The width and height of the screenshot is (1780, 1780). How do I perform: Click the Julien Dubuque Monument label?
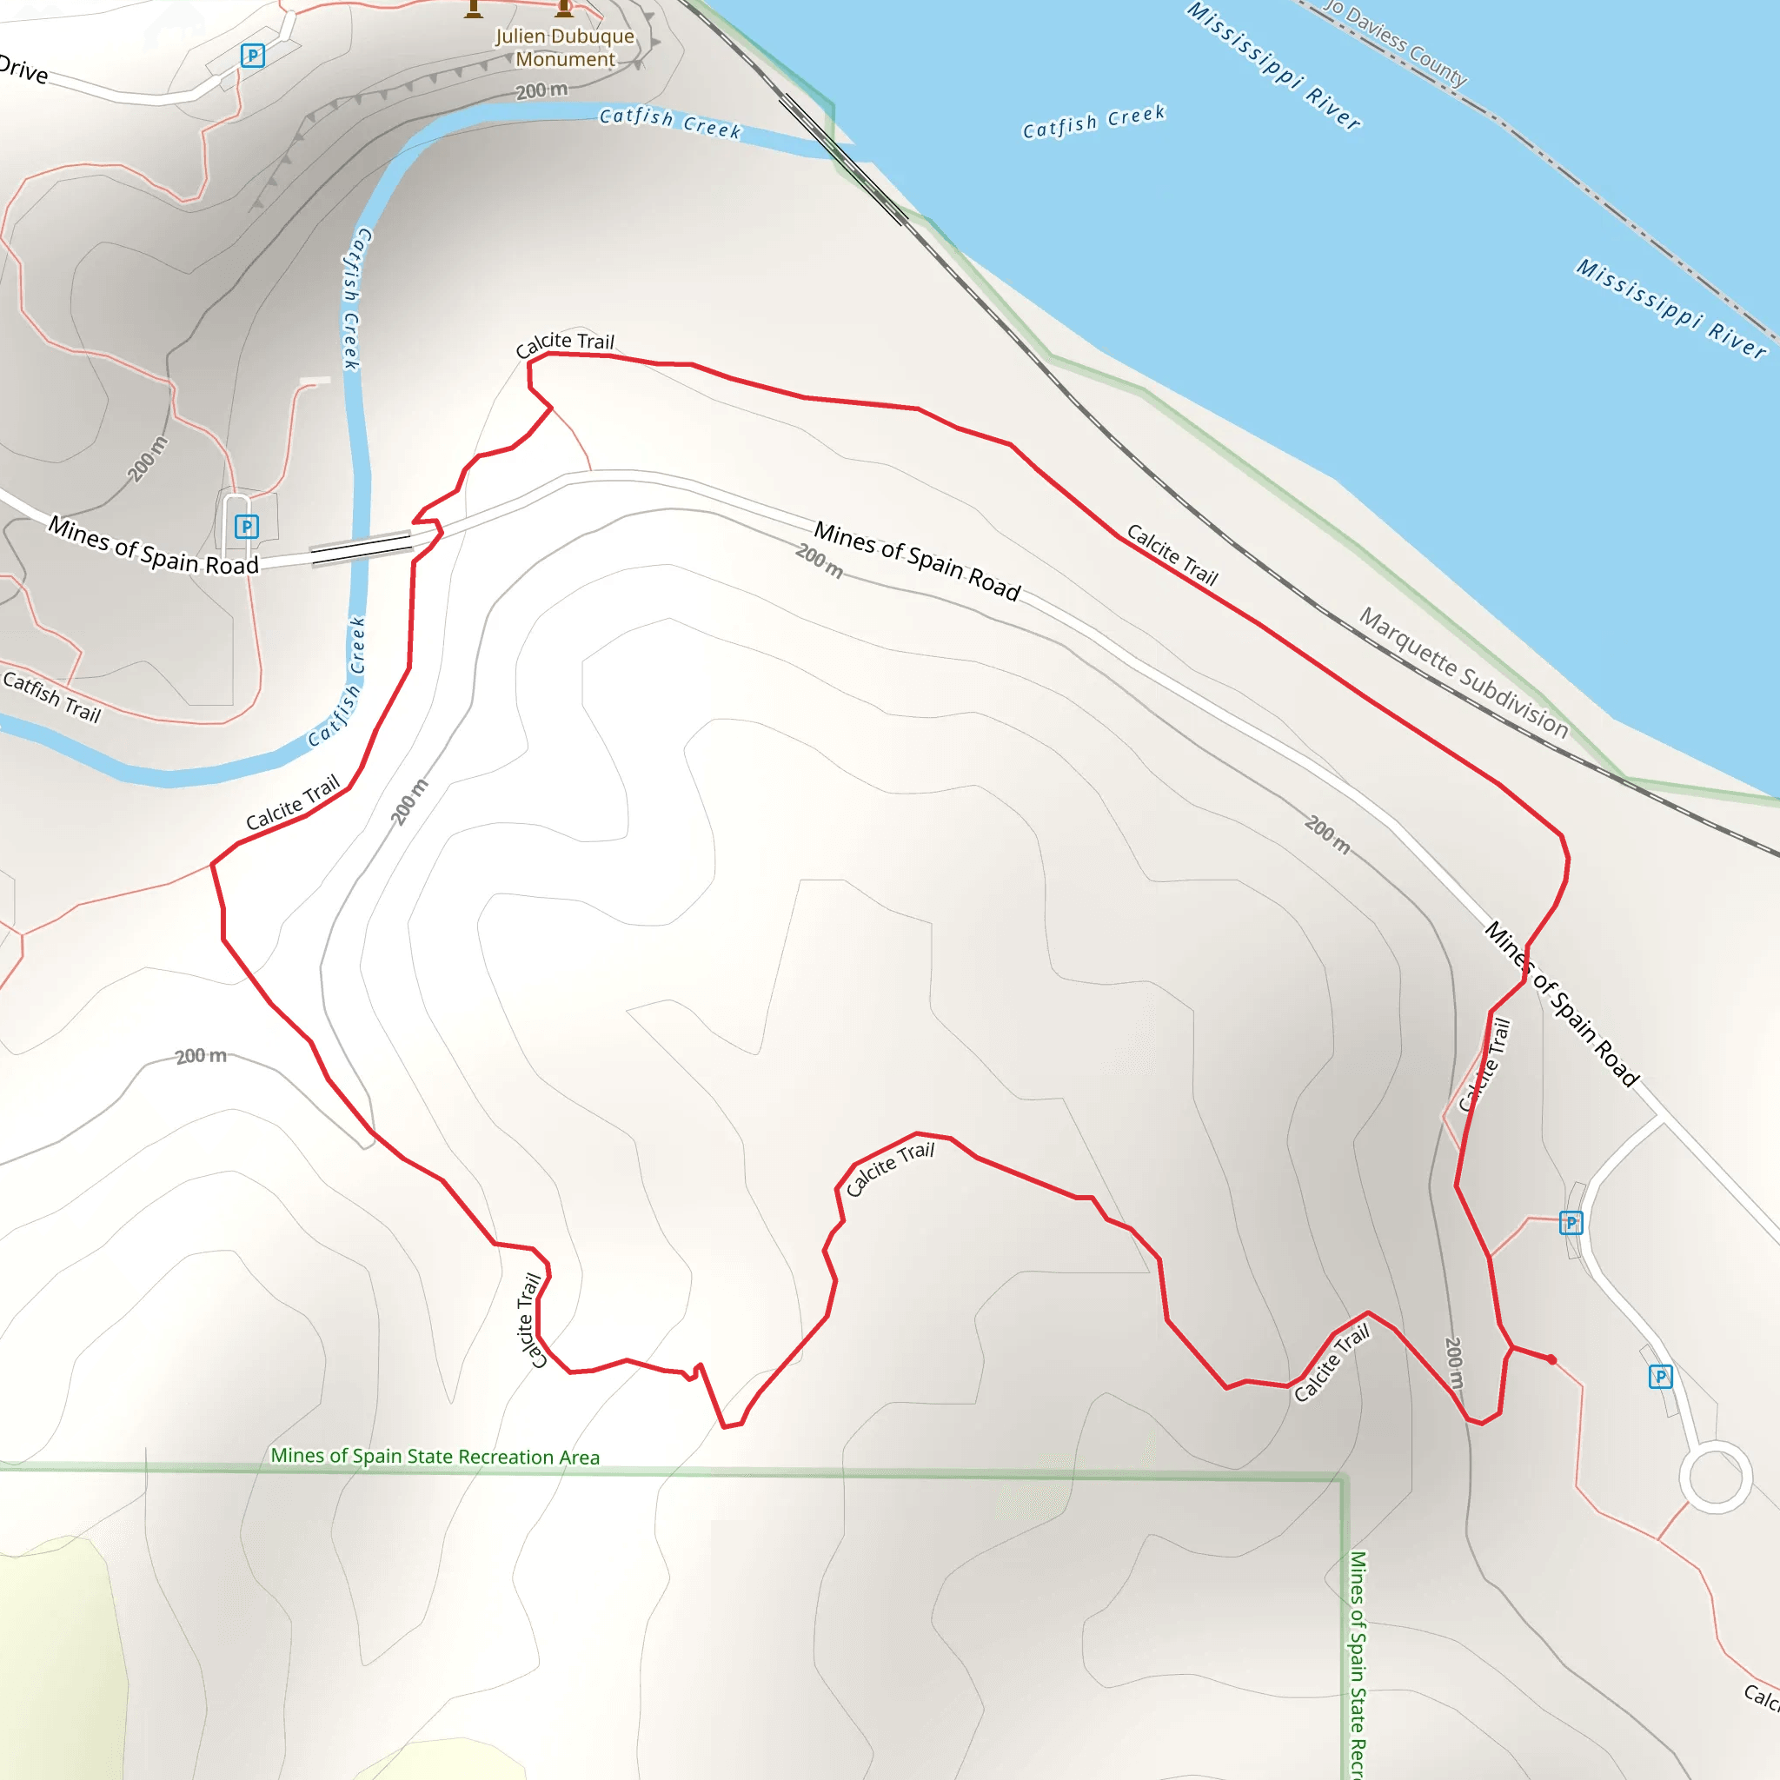click(x=565, y=48)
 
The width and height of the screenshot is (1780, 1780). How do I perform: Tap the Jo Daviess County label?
click(x=1394, y=43)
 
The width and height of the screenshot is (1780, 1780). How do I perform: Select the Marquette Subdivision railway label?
click(x=1464, y=673)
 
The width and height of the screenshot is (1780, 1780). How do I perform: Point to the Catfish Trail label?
click(x=51, y=696)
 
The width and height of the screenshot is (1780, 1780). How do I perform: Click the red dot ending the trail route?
click(x=1551, y=1359)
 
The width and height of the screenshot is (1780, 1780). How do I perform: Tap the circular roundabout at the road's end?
click(x=1716, y=1477)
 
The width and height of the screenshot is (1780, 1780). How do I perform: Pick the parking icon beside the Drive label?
click(x=252, y=56)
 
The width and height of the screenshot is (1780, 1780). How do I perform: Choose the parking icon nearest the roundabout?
click(x=1660, y=1377)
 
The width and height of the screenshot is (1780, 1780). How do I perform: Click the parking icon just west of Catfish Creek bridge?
click(x=246, y=526)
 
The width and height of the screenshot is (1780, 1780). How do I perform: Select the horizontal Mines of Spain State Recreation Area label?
click(x=435, y=1456)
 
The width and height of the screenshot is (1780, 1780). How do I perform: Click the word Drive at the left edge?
click(x=23, y=70)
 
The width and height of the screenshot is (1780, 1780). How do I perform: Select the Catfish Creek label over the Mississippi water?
click(x=1093, y=122)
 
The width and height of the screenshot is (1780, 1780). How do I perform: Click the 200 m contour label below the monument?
click(x=541, y=90)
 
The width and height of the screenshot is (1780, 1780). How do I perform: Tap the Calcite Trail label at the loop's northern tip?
click(x=565, y=343)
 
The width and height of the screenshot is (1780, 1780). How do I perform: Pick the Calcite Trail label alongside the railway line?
click(x=1172, y=555)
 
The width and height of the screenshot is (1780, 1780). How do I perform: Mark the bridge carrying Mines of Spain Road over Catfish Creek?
click(x=362, y=548)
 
